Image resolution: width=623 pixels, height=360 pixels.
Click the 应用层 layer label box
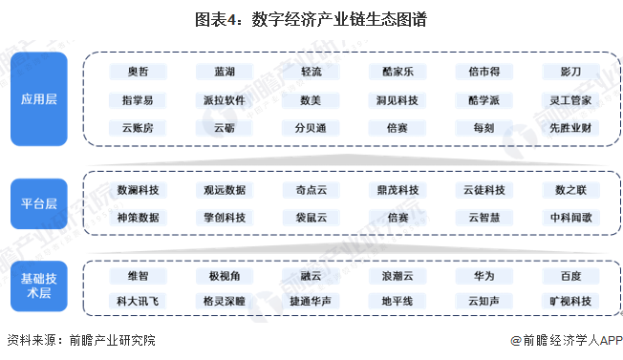tap(39, 98)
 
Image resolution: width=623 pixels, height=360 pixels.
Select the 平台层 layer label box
tap(39, 203)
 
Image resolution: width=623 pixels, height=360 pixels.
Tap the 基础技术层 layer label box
tap(39, 287)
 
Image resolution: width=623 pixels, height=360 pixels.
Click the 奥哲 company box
tap(138, 73)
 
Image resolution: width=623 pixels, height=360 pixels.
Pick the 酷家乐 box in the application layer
tap(397, 73)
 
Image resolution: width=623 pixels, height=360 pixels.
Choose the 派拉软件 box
tap(225, 99)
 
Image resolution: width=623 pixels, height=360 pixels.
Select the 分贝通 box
tap(311, 126)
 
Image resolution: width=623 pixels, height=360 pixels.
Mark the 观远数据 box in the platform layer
tap(225, 190)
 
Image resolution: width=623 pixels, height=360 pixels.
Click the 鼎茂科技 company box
tap(397, 190)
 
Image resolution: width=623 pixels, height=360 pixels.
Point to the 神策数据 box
tap(138, 217)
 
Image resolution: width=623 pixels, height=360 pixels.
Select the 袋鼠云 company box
tap(311, 217)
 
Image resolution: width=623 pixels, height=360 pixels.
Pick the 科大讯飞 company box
tap(138, 302)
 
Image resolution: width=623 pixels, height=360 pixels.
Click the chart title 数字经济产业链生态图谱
tap(311, 15)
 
